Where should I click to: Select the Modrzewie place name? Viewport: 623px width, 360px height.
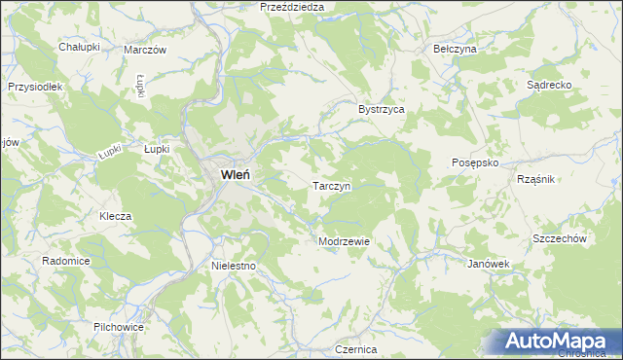point(343,241)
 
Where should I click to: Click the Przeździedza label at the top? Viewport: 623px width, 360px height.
point(292,7)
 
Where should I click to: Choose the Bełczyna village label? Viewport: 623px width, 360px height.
point(455,48)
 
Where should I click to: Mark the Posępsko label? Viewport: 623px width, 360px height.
point(476,163)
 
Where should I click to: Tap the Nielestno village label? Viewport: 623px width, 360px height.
point(233,265)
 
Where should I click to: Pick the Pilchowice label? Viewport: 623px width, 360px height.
point(119,327)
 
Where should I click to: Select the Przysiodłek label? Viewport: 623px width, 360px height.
point(35,87)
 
